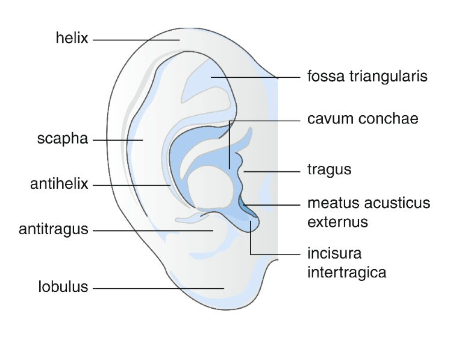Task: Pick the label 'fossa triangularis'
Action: click(367, 77)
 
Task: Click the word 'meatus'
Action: click(333, 203)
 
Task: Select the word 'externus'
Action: click(337, 221)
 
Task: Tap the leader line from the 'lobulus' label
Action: click(157, 288)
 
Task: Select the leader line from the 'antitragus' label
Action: click(151, 230)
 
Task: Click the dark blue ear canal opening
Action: click(245, 206)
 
